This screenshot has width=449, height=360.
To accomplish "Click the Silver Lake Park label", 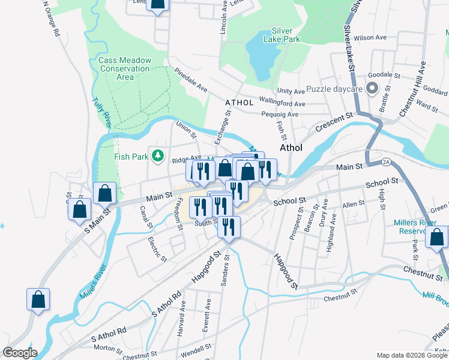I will click(285, 35).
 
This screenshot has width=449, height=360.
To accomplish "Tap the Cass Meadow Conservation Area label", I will click(125, 68).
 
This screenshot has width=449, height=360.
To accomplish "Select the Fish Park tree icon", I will click(158, 157).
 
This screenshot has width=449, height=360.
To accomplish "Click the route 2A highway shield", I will click(386, 161).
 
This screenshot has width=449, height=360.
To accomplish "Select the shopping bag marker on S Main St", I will click(80, 211).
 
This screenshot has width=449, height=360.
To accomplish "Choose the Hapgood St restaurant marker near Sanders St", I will click(228, 227).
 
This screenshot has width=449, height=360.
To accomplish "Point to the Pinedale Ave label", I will click(190, 80).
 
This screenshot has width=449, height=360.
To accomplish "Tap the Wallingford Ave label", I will click(282, 102).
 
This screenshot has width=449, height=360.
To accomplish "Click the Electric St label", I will click(157, 250).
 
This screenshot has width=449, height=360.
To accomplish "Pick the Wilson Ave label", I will click(370, 37).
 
